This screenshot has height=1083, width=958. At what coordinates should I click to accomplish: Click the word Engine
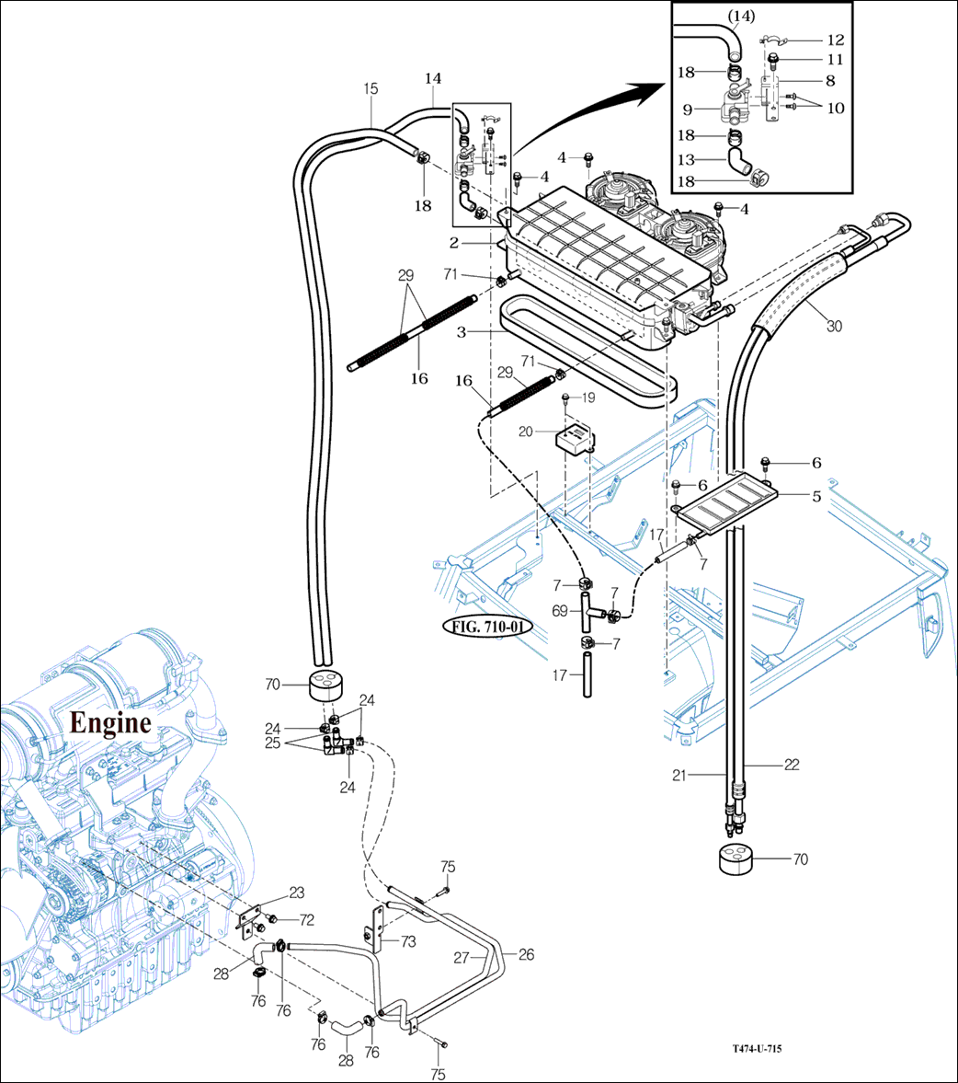111,723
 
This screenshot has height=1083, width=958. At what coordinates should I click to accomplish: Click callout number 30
834,326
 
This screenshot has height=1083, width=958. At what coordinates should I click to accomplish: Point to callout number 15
371,89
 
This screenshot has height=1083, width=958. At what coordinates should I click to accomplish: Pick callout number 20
525,431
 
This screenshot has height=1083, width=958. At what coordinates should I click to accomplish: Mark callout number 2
453,243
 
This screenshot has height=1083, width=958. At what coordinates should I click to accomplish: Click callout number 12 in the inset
836,40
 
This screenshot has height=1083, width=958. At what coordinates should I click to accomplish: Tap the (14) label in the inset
741,16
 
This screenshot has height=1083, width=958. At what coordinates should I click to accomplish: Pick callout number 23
297,892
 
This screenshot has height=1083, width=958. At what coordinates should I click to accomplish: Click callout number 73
408,940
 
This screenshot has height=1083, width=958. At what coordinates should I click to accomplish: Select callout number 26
526,955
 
